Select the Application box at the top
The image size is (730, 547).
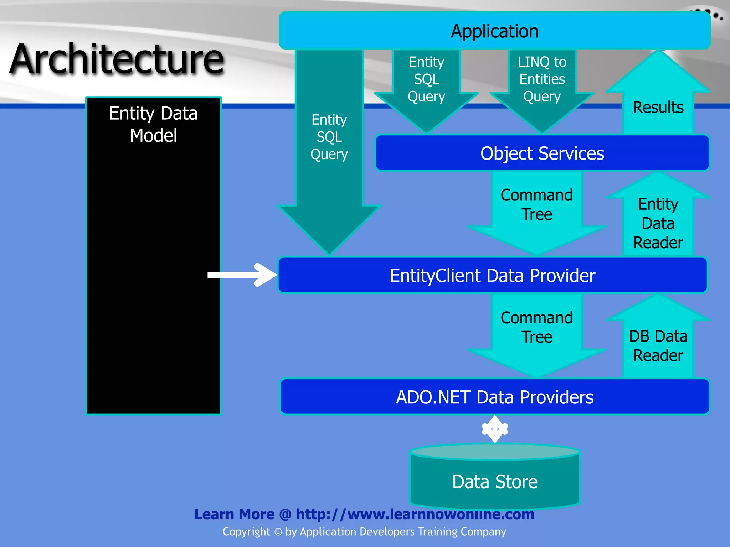click(x=494, y=31)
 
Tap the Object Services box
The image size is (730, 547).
click(x=542, y=153)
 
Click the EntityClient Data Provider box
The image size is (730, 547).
click(x=492, y=275)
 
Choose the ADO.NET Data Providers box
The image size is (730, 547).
click(x=494, y=397)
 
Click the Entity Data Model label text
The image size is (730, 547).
click(x=153, y=124)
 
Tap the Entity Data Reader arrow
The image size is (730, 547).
click(x=658, y=223)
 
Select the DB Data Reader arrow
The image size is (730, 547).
click(x=658, y=345)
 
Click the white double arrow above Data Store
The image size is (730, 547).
click(x=495, y=429)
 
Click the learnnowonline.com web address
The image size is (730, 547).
click(x=415, y=514)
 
